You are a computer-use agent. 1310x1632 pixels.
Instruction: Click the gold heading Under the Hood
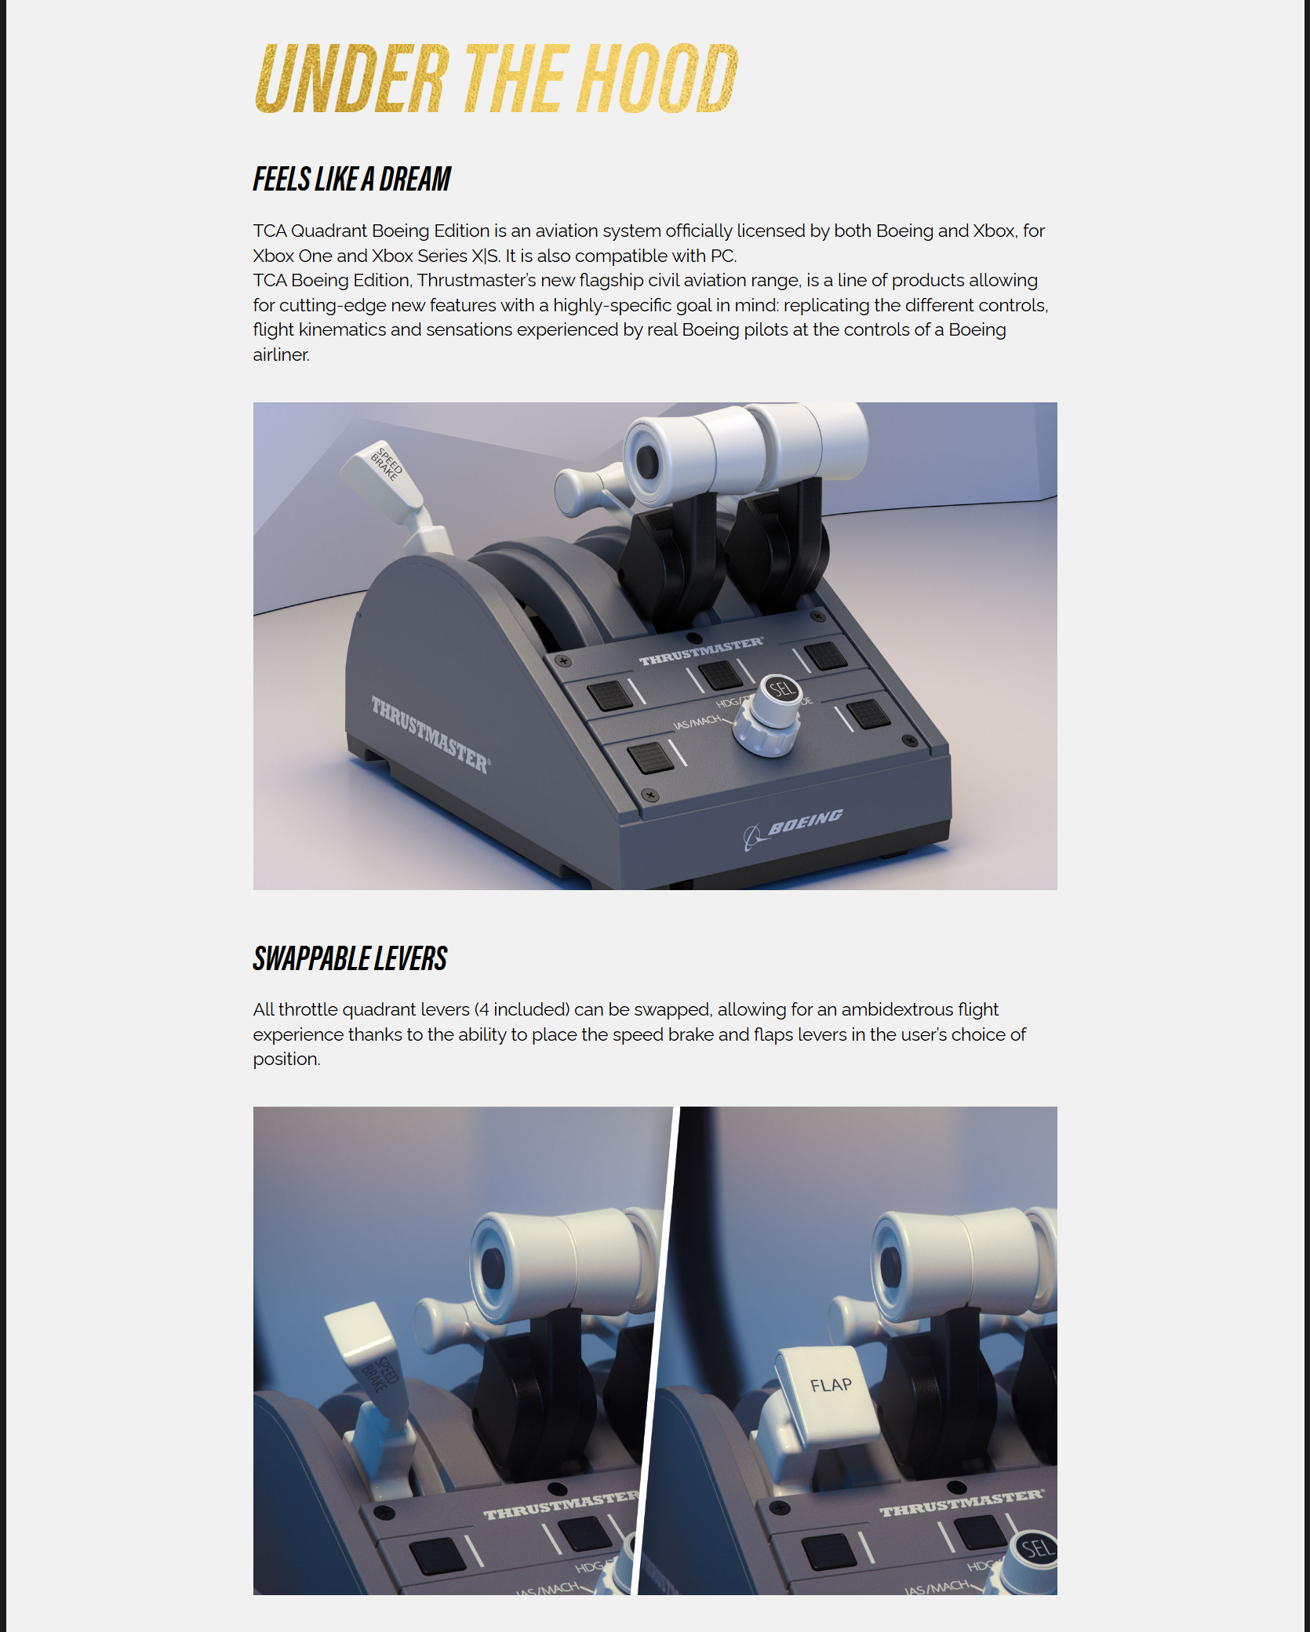pyautogui.click(x=496, y=78)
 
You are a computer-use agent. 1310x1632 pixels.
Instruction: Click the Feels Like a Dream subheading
pyautogui.click(x=351, y=180)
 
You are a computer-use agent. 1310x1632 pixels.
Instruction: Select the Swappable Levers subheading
pyautogui.click(x=350, y=959)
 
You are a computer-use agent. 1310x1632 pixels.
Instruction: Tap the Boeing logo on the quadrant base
pyautogui.click(x=795, y=827)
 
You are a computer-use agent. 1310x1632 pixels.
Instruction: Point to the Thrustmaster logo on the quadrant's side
pyautogui.click(x=431, y=734)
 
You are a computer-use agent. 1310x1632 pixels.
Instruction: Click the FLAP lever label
pyautogui.click(x=831, y=1385)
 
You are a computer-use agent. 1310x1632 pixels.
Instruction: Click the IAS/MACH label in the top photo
pyautogui.click(x=697, y=722)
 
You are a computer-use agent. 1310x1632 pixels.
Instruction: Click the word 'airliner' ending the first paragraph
pyautogui.click(x=281, y=354)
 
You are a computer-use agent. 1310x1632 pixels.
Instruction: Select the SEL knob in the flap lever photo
pyautogui.click(x=1035, y=1549)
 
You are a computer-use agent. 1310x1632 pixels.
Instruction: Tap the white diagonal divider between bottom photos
pyautogui.click(x=656, y=1349)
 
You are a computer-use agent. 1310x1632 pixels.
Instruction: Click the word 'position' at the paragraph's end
pyautogui.click(x=286, y=1059)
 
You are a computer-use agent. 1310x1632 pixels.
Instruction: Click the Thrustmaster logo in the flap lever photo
pyautogui.click(x=962, y=1502)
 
